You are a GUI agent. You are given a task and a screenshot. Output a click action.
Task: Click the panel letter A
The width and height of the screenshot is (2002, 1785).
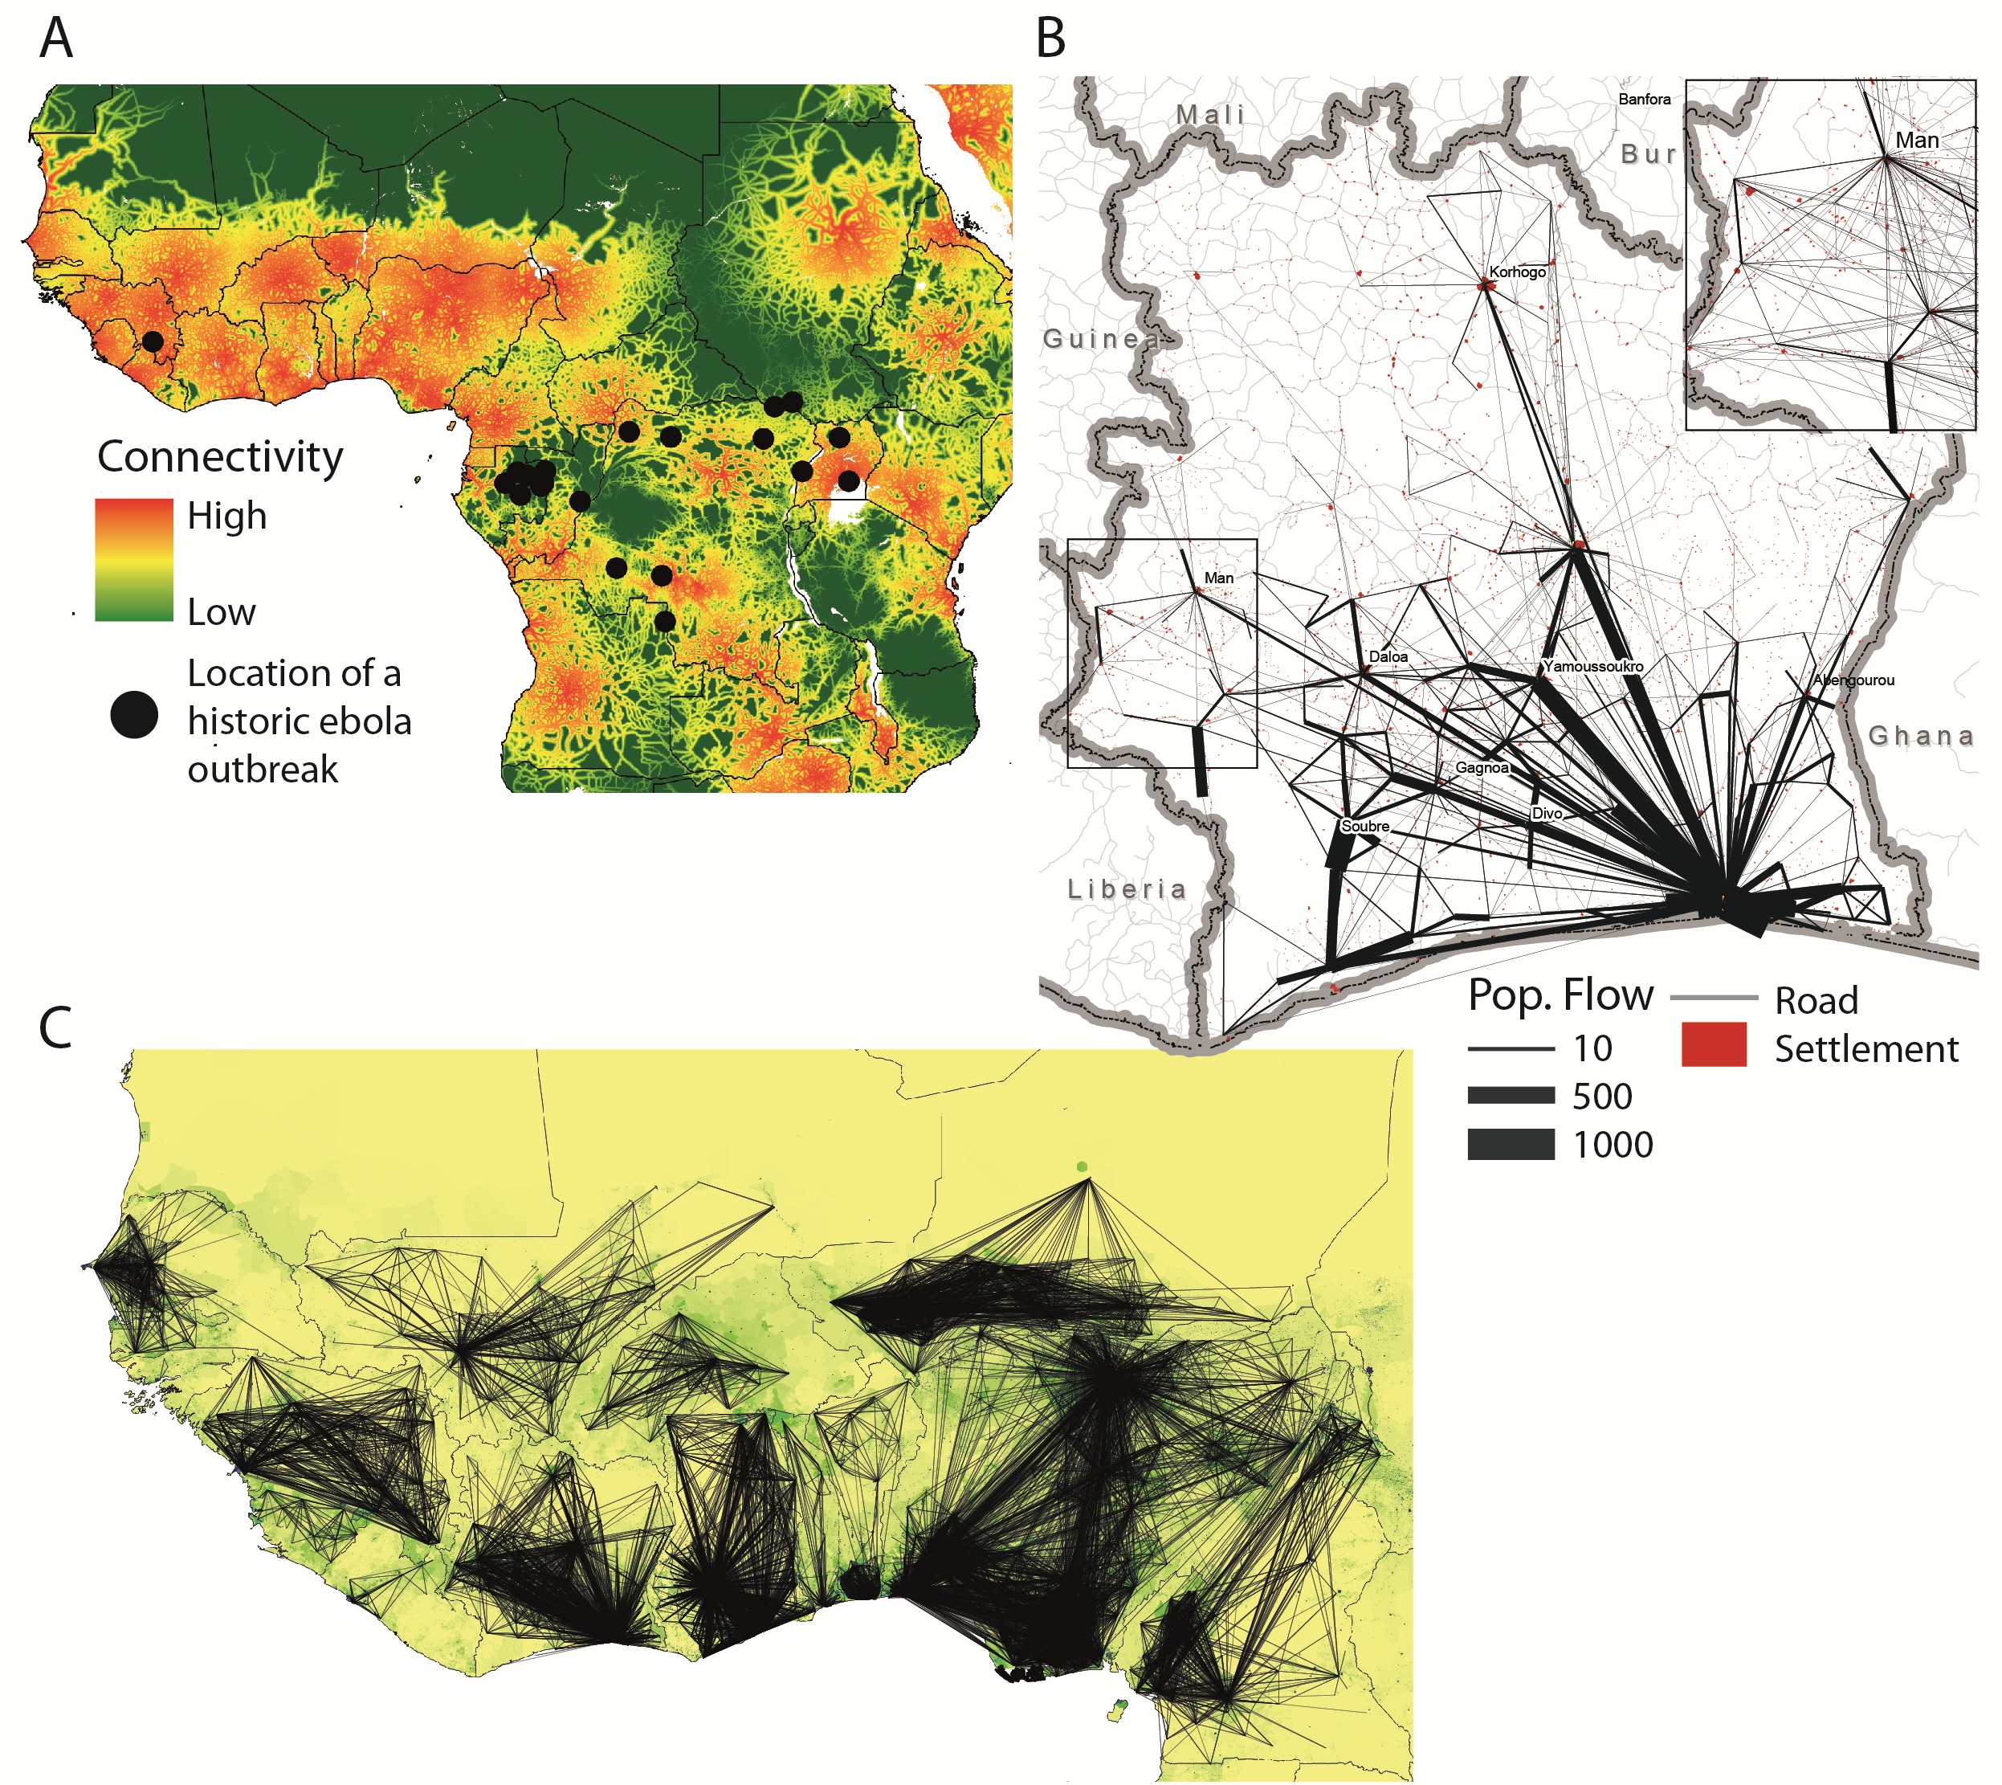click(x=56, y=39)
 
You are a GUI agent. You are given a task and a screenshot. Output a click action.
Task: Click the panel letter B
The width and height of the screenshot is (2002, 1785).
click(x=1050, y=39)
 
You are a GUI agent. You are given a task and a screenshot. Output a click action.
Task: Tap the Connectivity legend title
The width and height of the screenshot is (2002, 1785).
click(x=219, y=457)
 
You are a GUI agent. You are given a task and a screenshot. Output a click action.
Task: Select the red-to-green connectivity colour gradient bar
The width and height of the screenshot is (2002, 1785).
click(x=133, y=560)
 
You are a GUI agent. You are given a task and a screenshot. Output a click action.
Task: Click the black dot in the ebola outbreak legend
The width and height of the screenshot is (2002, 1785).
click(x=134, y=715)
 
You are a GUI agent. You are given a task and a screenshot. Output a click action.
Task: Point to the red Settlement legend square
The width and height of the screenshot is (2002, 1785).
click(x=1714, y=1044)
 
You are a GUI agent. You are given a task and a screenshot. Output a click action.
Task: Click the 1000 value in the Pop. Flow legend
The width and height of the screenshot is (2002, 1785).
click(x=1613, y=1145)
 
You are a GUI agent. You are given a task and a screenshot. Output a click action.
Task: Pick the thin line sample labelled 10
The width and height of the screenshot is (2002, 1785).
click(x=1510, y=1048)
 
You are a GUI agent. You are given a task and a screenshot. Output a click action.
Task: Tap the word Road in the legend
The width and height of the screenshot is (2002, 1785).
click(x=1816, y=1000)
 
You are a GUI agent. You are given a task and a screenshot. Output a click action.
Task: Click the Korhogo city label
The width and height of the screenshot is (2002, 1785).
click(x=1517, y=272)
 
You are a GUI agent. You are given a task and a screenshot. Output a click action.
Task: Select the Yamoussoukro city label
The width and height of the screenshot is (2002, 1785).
click(x=1593, y=666)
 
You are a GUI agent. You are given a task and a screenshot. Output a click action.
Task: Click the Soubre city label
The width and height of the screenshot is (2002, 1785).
click(x=1364, y=826)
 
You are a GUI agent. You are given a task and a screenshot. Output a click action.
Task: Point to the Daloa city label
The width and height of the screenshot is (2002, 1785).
click(x=1388, y=656)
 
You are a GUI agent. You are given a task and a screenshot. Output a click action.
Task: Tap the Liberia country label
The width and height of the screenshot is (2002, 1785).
click(x=1127, y=889)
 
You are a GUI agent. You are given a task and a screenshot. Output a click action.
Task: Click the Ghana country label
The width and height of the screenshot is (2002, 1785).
click(x=1921, y=736)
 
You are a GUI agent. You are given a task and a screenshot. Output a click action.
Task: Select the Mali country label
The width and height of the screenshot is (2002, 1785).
click(x=1211, y=115)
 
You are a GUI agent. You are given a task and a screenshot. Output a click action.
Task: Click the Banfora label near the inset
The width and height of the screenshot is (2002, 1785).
click(x=1644, y=99)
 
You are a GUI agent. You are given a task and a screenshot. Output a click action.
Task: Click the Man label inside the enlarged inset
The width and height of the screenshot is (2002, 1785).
click(x=1917, y=141)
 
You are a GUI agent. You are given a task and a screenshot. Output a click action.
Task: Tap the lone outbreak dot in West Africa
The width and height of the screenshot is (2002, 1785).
click(x=153, y=341)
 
